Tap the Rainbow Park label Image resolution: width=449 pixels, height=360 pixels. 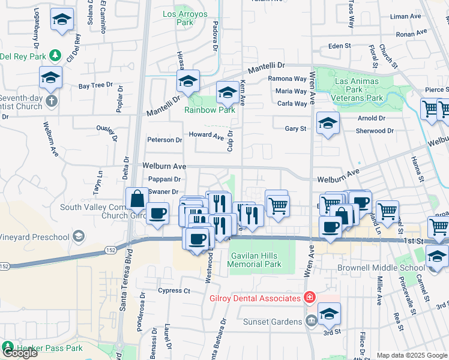click(x=209, y=110)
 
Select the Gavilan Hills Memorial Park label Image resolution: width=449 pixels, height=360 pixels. click(x=256, y=259)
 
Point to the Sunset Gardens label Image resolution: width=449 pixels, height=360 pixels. click(x=273, y=322)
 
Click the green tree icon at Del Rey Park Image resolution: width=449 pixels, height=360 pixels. click(x=55, y=56)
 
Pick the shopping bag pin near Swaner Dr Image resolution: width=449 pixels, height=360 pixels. click(x=137, y=199)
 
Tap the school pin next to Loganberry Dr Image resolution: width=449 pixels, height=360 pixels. click(x=62, y=20)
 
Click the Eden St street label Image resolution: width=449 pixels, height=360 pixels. click(x=339, y=46)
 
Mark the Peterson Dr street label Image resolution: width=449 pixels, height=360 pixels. click(x=164, y=140)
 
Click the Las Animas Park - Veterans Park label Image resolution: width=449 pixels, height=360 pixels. click(x=358, y=89)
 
